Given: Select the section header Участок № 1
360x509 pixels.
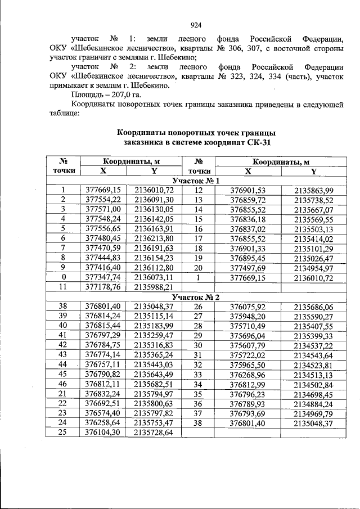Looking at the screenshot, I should coord(195,181).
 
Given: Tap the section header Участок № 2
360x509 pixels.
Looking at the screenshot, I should coord(195,296).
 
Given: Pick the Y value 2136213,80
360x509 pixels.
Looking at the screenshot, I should coord(154,238).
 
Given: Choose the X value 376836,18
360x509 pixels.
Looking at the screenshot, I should coord(247,219).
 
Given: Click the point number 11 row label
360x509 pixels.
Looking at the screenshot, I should coord(64,287).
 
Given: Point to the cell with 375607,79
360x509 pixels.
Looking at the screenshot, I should coord(247,345).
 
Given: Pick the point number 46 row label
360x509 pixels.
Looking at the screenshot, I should coord(64,384).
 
